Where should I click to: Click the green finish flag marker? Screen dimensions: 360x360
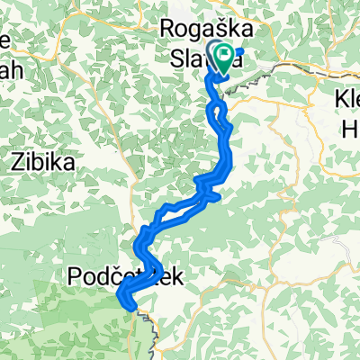pyautogui.click(x=224, y=56)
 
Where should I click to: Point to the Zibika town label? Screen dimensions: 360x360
pyautogui.click(x=43, y=162)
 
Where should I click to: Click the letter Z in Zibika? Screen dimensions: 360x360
pyautogui.click(x=16, y=162)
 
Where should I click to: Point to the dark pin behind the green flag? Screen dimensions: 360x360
pyautogui.click(x=216, y=51)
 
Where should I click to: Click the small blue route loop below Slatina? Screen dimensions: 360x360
pyautogui.click(x=218, y=112)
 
